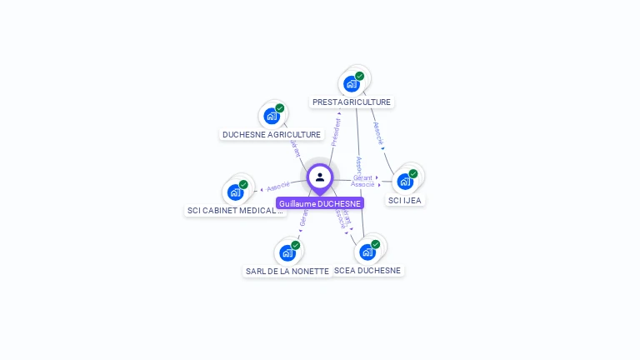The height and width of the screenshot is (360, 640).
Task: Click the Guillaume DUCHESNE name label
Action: click(x=320, y=203)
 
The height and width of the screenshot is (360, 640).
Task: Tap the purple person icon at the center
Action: click(x=320, y=177)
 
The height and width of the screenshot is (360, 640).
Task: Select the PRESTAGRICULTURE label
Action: click(x=351, y=102)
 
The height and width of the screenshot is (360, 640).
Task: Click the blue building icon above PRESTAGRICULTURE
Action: click(x=352, y=83)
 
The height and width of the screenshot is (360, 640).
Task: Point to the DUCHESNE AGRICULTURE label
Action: click(x=272, y=134)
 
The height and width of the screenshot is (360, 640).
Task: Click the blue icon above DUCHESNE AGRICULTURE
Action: click(x=272, y=116)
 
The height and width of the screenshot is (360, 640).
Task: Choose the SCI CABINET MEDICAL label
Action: click(x=235, y=211)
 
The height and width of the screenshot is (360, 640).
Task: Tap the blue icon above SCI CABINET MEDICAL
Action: click(x=235, y=192)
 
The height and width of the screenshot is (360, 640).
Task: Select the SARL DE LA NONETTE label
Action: click(x=287, y=271)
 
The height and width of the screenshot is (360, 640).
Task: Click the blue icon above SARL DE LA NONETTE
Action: click(x=287, y=252)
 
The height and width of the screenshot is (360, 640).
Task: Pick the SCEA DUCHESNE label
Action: click(x=367, y=270)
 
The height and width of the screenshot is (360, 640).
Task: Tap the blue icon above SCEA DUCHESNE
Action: click(x=367, y=252)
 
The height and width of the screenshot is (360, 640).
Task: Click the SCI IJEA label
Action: click(x=405, y=200)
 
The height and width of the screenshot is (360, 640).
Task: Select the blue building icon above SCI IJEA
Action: click(x=405, y=181)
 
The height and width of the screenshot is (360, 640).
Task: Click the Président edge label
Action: click(x=336, y=132)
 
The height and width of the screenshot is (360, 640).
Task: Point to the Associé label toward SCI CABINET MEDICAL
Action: click(x=278, y=186)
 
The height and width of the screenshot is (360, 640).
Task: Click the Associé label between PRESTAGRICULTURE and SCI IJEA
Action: click(x=378, y=133)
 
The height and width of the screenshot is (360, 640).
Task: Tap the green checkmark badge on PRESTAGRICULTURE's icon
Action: click(x=359, y=76)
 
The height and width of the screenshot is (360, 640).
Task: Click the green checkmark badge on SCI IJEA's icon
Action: click(x=412, y=173)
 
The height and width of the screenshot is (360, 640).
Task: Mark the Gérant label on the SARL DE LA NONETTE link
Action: click(x=303, y=218)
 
